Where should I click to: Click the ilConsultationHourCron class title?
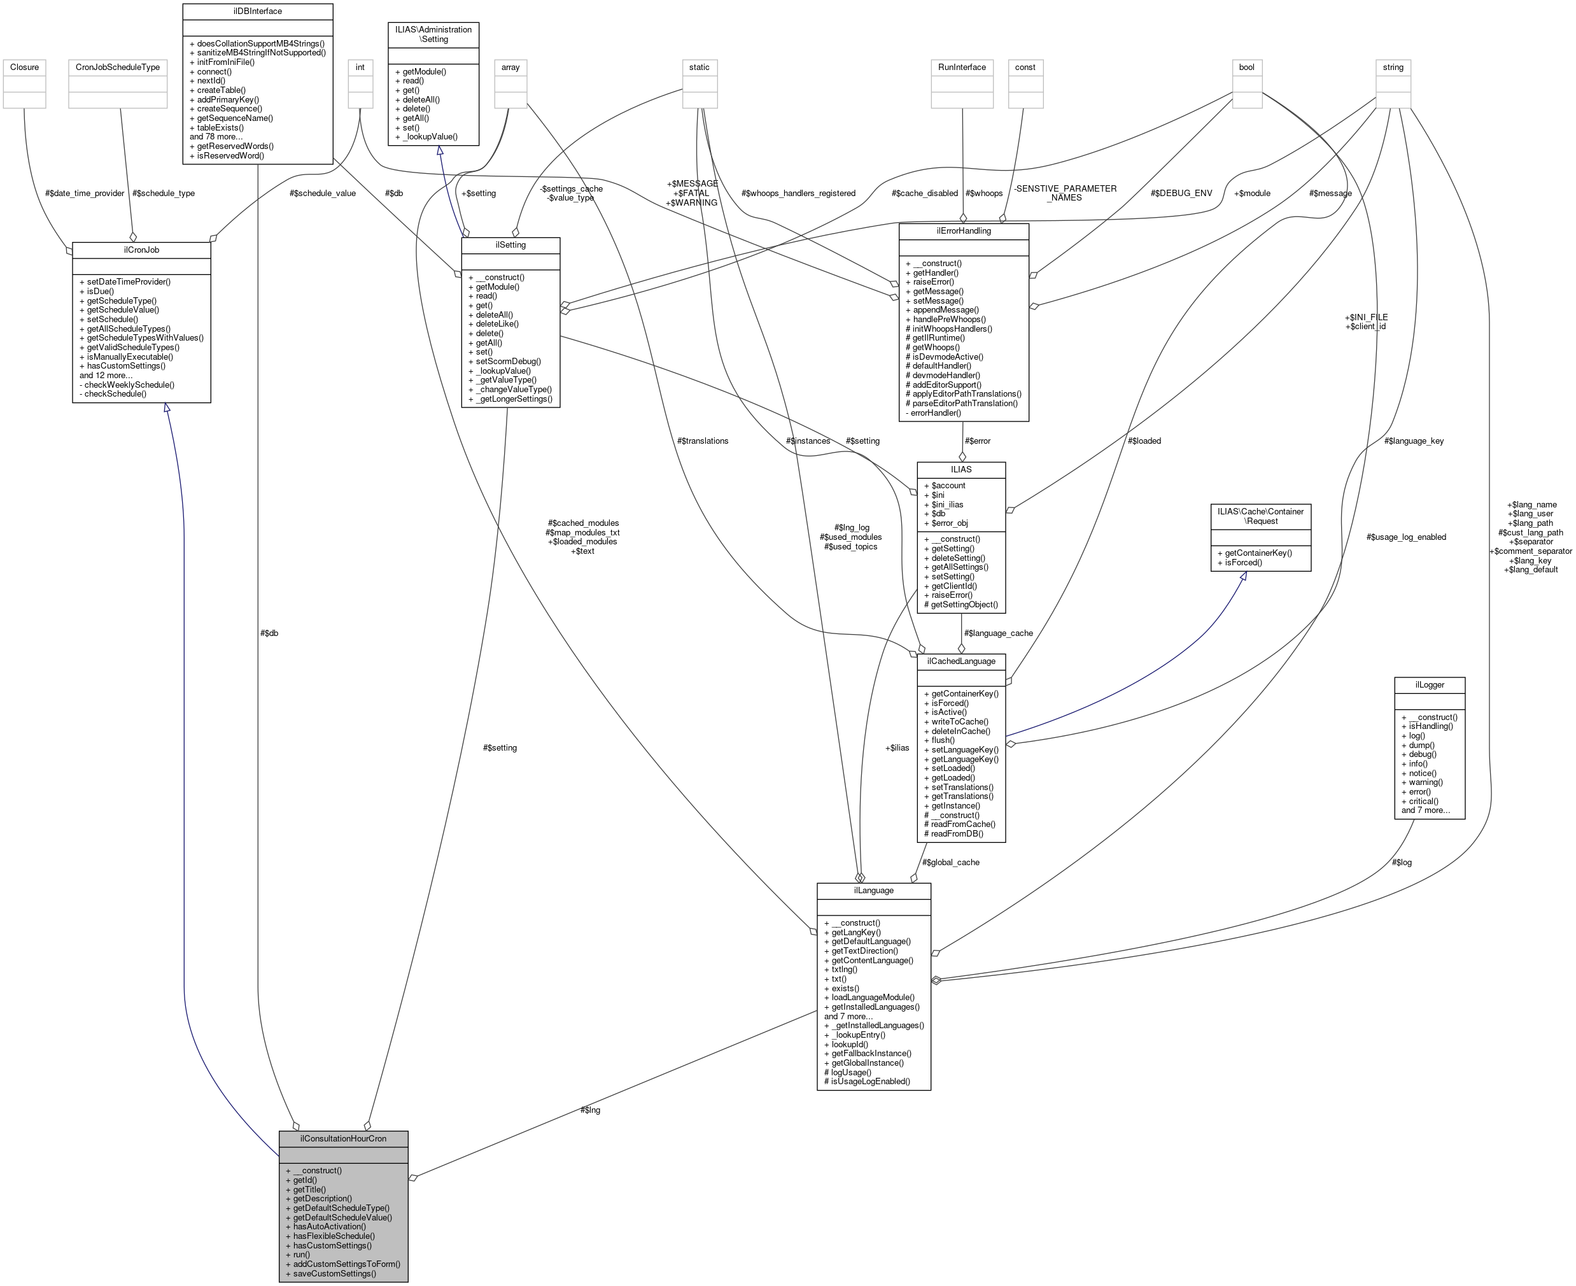coord(343,1138)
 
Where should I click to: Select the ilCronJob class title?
coord(141,250)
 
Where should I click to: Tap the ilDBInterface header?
coord(257,11)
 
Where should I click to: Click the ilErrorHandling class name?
coord(964,230)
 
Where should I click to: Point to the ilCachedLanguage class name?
coord(960,661)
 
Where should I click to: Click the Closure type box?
coord(24,67)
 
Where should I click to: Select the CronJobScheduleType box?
coord(118,67)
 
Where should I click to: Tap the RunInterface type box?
coord(961,67)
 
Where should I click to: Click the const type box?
coord(1025,67)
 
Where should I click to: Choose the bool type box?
coord(1246,67)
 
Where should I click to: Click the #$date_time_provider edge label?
coord(85,194)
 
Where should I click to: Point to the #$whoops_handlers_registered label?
coord(798,194)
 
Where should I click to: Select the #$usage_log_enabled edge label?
coord(1405,537)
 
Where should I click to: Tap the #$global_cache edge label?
coord(951,862)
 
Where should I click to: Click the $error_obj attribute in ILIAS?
coord(950,523)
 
